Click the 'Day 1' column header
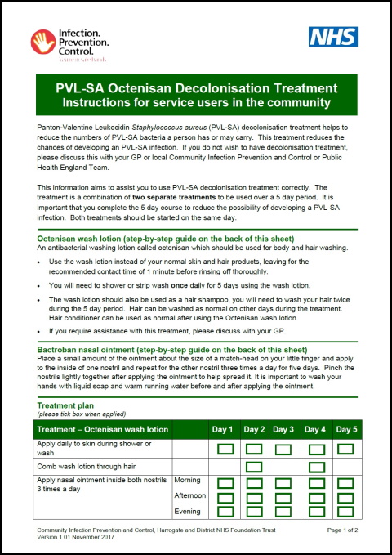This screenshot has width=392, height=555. (x=223, y=429)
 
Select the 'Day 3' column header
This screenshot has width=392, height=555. (x=283, y=429)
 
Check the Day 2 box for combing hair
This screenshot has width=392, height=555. (x=253, y=466)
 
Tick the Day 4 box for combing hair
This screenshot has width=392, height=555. (x=314, y=466)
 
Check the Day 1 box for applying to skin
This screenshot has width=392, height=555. (x=223, y=448)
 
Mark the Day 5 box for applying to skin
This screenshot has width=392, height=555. (x=345, y=448)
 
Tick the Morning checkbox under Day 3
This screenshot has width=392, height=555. (x=283, y=482)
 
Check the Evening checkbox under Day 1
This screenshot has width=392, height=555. (x=223, y=511)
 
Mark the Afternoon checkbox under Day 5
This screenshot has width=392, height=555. (x=345, y=497)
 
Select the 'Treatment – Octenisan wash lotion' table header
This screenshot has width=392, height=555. (x=103, y=429)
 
